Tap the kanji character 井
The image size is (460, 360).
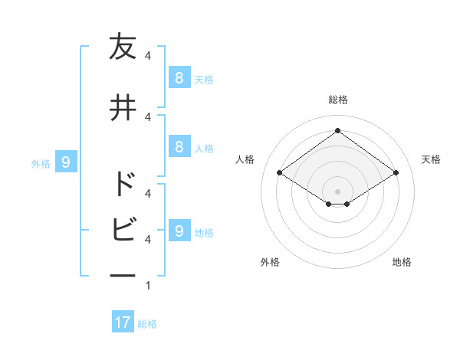pos(123,107)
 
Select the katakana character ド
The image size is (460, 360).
pos(123,184)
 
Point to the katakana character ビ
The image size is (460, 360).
pos(123,229)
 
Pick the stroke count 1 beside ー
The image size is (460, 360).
pos(147,286)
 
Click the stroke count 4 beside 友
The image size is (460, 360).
pos(147,56)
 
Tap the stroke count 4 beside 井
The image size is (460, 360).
pos(147,117)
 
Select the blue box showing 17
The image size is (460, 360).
pos(123,322)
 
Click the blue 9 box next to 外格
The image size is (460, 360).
pos(66,162)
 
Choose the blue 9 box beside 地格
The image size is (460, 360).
pos(179,231)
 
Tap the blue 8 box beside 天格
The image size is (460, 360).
pos(179,77)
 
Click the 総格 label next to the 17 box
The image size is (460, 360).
pos(147,324)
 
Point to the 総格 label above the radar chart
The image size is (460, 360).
pos(337,100)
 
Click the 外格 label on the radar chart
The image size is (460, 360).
pos(270,262)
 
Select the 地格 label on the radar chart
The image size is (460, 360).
pos(402,262)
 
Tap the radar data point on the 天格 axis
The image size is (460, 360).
pos(396,173)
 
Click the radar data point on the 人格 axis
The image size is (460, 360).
pos(280,173)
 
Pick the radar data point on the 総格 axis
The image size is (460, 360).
pos(337,131)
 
